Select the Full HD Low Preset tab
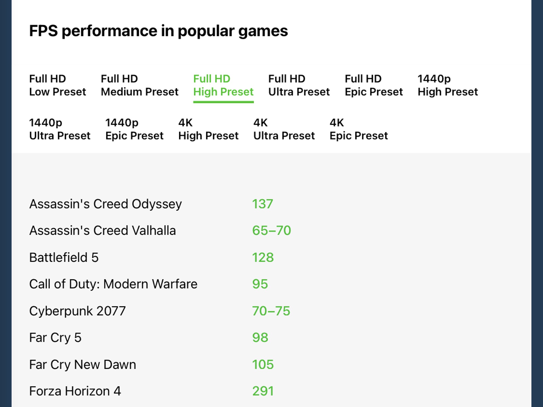coord(58,85)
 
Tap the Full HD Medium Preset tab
coord(139,85)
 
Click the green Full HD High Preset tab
coord(223,85)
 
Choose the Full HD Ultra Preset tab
coord(299,85)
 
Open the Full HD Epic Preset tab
coord(374,85)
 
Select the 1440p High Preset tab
coord(448,85)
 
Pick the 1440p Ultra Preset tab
coord(60,129)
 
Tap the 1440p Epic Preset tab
coord(134,129)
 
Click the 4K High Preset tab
coord(208,129)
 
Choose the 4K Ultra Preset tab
coord(284,129)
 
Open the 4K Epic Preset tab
coord(359,129)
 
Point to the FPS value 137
coord(262,204)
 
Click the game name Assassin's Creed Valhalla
coord(103,231)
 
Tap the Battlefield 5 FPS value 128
coord(263,258)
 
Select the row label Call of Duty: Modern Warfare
coord(113,284)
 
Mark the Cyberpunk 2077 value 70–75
coord(271,311)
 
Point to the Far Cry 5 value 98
coord(260,338)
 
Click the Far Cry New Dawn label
coord(83,365)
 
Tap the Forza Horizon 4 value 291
coord(263,391)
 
